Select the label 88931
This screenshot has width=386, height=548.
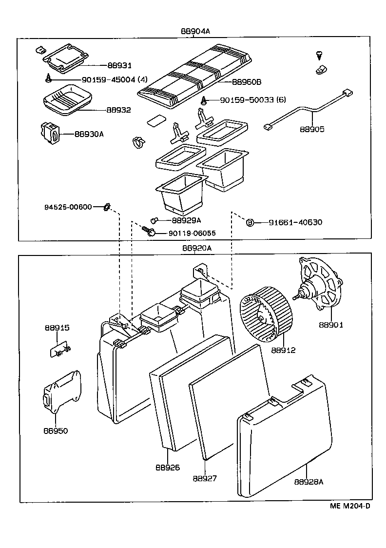pyautogui.click(x=119, y=65)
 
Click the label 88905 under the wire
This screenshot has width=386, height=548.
pyautogui.click(x=311, y=129)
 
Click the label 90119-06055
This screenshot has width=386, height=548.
pyautogui.click(x=192, y=233)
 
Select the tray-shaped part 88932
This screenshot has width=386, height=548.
pyautogui.click(x=65, y=98)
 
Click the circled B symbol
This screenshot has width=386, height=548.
pyautogui.click(x=250, y=223)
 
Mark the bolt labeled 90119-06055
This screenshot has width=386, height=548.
pyautogui.click(x=149, y=231)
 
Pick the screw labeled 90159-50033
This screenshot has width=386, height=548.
pyautogui.click(x=205, y=101)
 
